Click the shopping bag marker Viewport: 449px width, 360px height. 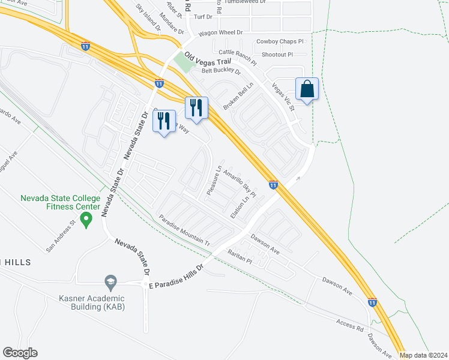pos(307,89)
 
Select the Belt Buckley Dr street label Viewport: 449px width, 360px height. pos(220,71)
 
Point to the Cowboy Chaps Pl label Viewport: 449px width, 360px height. pos(280,41)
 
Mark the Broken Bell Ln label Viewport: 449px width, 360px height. pos(238,96)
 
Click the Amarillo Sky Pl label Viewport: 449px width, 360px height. pos(240,182)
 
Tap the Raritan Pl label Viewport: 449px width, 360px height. pos(240,258)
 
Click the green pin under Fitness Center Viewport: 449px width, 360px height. pos(86,221)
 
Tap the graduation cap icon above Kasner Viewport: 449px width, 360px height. pos(110,281)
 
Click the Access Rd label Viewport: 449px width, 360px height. pos(350,325)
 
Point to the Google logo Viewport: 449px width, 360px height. pos(20,353)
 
